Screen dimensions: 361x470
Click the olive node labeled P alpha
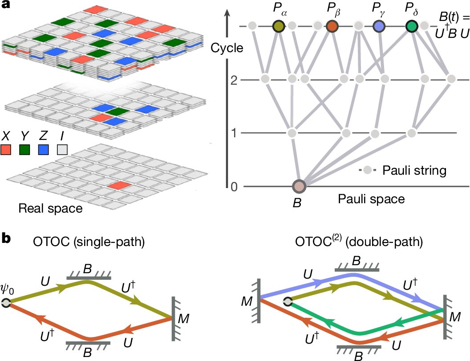pyautogui.click(x=279, y=26)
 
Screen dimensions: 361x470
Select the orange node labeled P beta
pyautogui.click(x=332, y=26)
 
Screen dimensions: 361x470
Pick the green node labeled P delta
pyautogui.click(x=412, y=26)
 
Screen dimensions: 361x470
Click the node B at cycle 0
pyautogui.click(x=299, y=186)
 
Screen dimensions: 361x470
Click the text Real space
pyautogui.click(x=50, y=208)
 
